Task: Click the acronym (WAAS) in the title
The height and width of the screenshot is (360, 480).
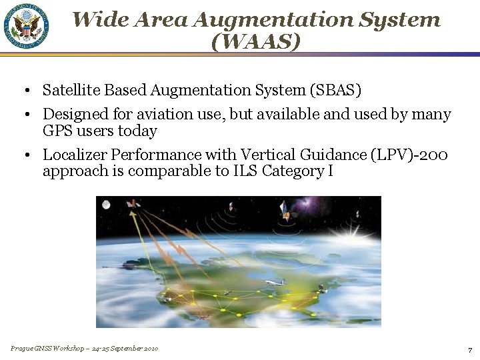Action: (x=255, y=41)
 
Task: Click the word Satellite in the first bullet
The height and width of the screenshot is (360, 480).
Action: (x=69, y=90)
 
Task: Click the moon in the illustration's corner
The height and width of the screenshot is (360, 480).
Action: (x=106, y=205)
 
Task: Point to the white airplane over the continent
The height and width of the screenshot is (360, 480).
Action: (x=273, y=283)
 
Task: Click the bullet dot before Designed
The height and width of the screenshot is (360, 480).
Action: (x=24, y=115)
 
